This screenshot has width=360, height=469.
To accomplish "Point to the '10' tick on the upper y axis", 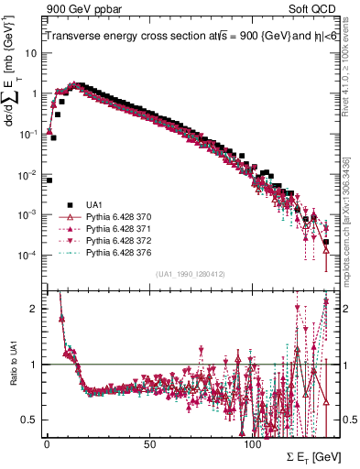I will [x=31, y=53].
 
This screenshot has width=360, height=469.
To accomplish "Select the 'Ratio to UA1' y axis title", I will [x=14, y=377].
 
